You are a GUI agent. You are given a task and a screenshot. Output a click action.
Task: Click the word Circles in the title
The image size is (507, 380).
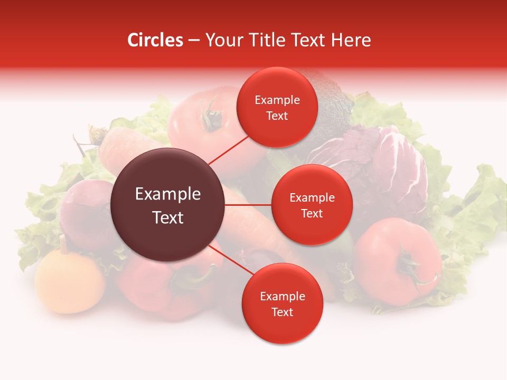tap(155, 40)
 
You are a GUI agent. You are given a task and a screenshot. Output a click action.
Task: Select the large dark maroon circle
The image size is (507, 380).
tap(167, 205)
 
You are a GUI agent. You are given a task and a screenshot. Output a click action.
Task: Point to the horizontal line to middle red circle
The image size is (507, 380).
tap(248, 205)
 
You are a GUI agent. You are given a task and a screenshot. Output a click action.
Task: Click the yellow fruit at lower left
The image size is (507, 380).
tap(70, 281)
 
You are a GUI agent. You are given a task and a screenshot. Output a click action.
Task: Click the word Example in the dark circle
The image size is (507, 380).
tap(168, 194)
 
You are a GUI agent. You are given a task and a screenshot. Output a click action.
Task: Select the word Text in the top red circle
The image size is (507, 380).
tap(277, 116)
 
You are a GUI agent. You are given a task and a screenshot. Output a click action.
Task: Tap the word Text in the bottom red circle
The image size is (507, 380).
tap(282, 312)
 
